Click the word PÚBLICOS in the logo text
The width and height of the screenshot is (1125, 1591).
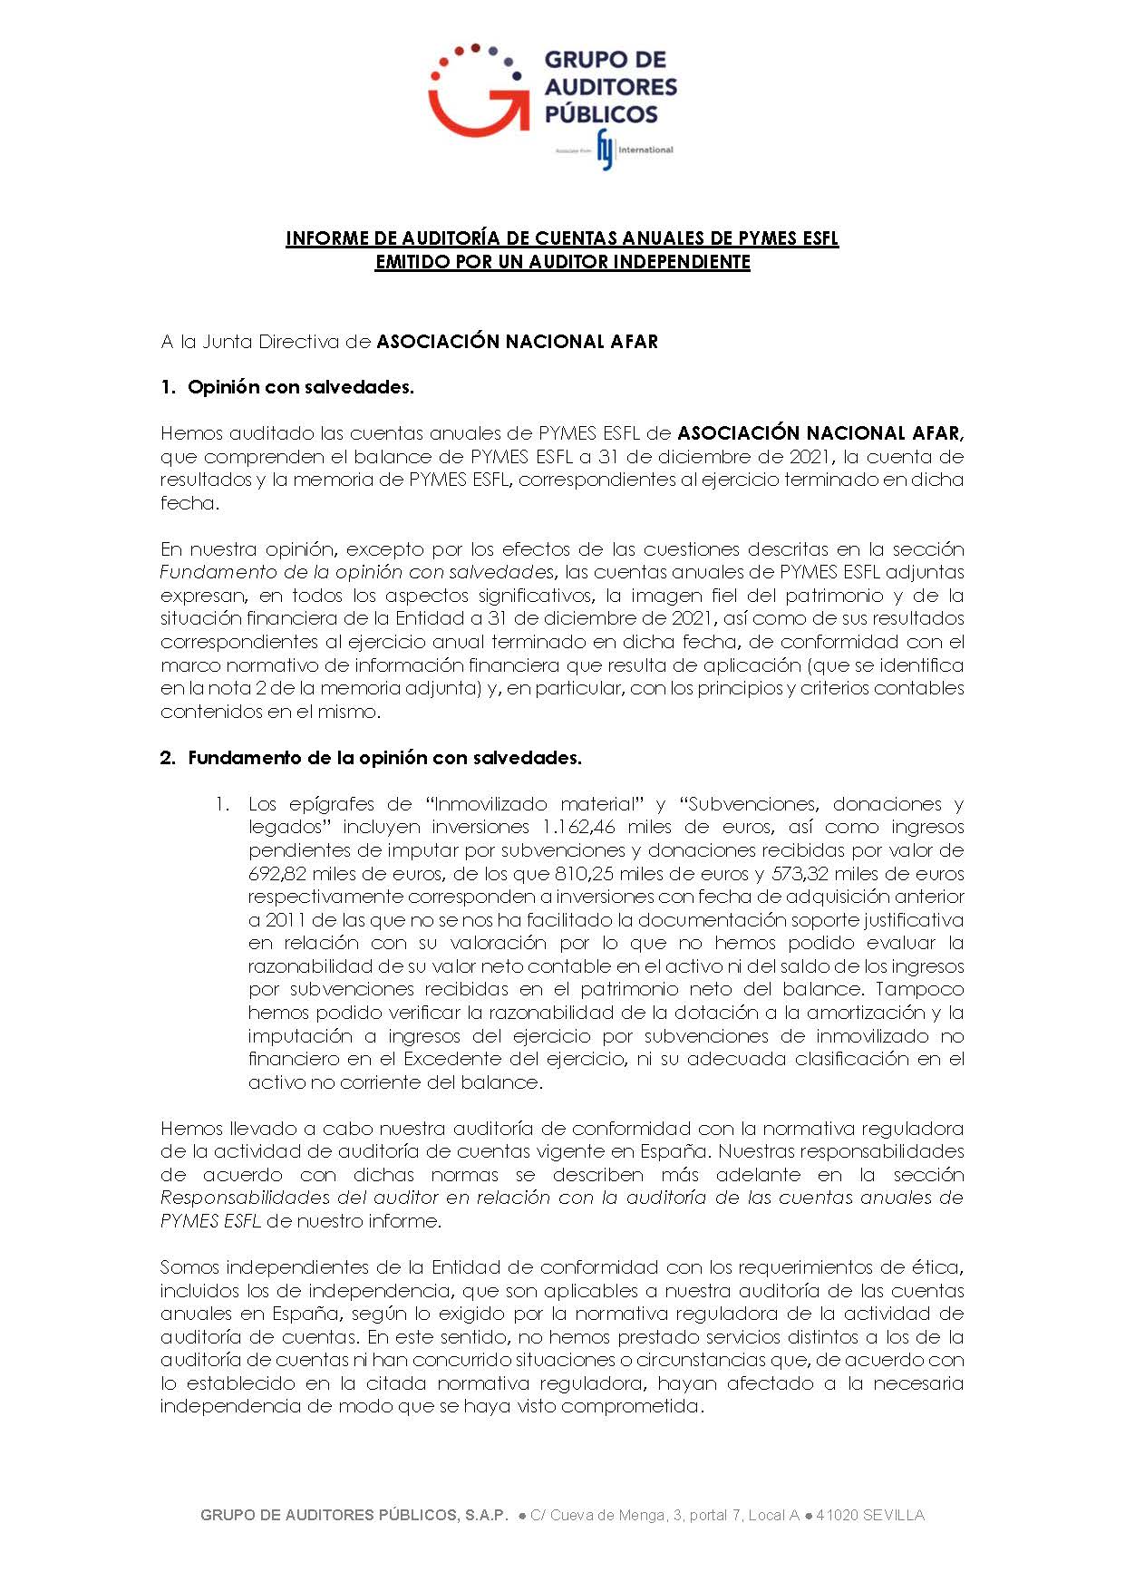pyautogui.click(x=600, y=114)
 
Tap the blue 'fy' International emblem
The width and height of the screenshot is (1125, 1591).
pyautogui.click(x=606, y=150)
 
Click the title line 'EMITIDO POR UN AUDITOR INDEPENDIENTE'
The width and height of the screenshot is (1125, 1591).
pyautogui.click(x=562, y=262)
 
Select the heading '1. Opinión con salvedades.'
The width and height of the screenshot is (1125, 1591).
pyautogui.click(x=286, y=387)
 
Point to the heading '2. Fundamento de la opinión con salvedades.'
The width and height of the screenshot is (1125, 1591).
pyautogui.click(x=371, y=758)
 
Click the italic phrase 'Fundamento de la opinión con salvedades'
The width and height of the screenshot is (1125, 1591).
pyautogui.click(x=356, y=572)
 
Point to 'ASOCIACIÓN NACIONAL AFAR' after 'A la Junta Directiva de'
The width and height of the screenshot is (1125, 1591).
pyautogui.click(x=517, y=342)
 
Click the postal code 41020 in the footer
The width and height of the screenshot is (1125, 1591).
pyautogui.click(x=837, y=1516)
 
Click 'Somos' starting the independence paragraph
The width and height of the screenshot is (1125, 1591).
pyautogui.click(x=189, y=1267)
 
